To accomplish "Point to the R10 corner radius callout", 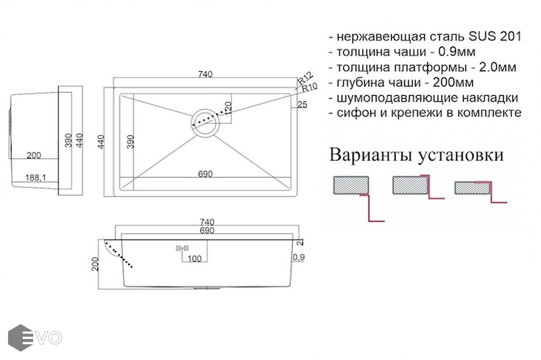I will (x=309, y=87).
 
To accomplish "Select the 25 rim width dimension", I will (x=303, y=105).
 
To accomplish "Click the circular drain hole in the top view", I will (x=205, y=122).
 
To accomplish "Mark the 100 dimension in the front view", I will (x=194, y=259).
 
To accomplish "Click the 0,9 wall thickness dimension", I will (x=299, y=258).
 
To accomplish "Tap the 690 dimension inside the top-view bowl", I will (x=205, y=174).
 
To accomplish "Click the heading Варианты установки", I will (x=416, y=155).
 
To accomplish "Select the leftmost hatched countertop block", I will (x=351, y=186).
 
